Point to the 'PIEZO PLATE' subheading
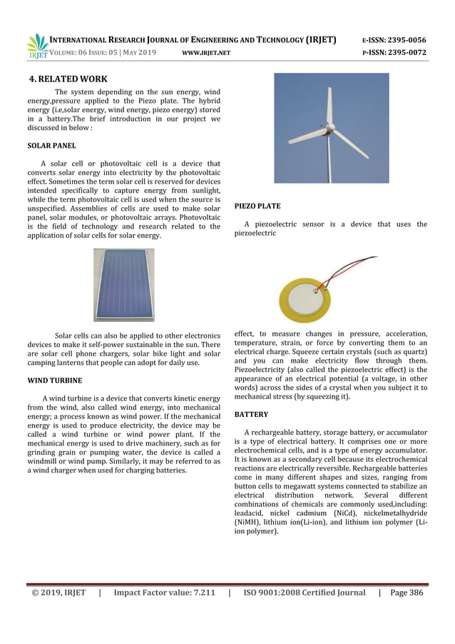click(x=257, y=206)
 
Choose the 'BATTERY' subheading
click(x=251, y=414)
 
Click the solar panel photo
click(x=123, y=284)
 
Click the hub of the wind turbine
click(x=329, y=128)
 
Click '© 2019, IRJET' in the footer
click(x=57, y=592)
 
